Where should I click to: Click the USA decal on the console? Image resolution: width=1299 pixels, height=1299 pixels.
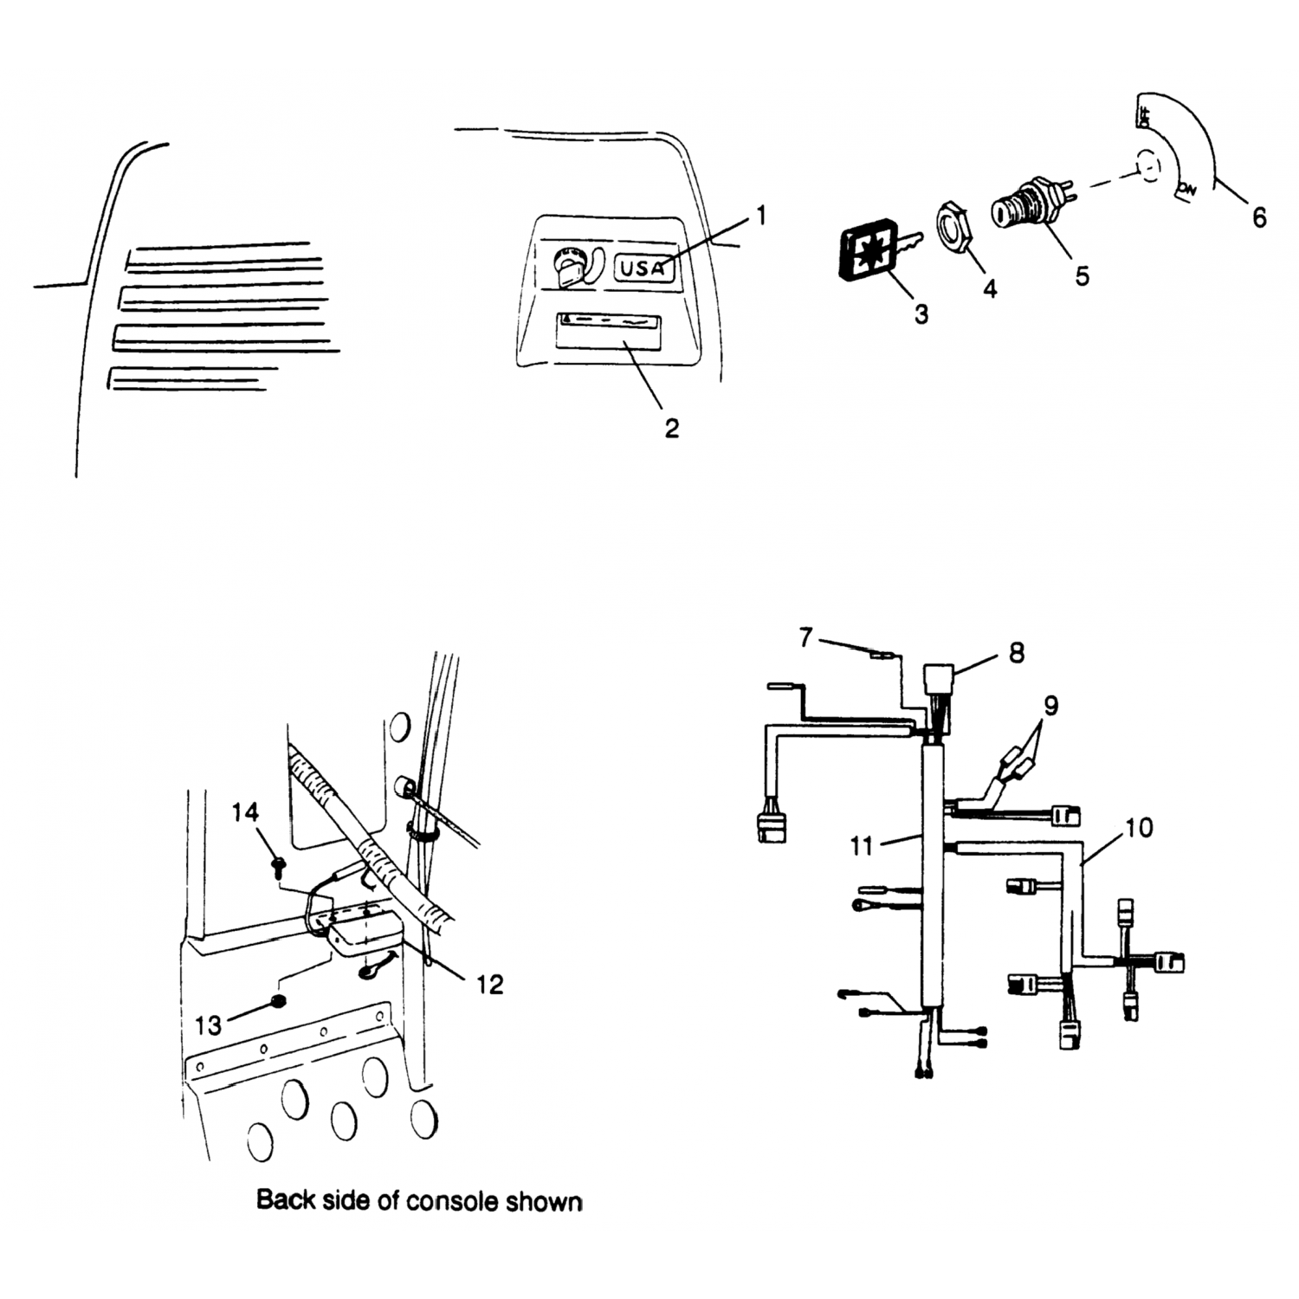643,268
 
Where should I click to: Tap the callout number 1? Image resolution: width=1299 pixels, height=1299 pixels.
761,215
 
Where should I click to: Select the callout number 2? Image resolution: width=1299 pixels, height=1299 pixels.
672,428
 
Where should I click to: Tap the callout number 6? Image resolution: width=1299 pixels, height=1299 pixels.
1259,216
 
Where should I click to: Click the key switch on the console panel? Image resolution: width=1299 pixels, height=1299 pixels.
566,265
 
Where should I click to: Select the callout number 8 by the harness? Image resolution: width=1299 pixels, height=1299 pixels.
1017,652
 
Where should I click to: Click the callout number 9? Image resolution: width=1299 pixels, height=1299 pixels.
1050,706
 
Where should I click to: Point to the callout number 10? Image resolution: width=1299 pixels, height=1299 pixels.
1140,829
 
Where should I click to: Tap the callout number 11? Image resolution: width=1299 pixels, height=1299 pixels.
861,845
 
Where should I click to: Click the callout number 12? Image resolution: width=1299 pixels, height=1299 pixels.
490,985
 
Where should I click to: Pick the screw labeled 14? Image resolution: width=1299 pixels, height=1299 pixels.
280,862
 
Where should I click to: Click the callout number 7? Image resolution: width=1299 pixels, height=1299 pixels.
806,638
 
